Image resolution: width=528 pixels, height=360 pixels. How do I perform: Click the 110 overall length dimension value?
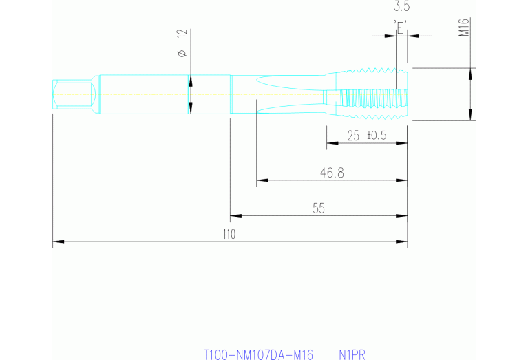tap(229, 234)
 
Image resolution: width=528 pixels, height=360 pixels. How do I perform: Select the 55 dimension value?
tap(318, 208)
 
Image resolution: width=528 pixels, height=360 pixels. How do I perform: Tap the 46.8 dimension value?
tap(332, 173)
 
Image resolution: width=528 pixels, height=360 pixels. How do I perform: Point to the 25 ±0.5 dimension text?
tap(366, 136)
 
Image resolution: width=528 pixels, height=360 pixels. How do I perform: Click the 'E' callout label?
tap(401, 27)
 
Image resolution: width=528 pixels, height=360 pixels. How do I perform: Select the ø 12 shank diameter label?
tap(182, 43)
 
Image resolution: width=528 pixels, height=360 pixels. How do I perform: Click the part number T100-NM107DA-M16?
tap(258, 354)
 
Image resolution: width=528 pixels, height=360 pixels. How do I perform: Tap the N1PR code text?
tap(352, 354)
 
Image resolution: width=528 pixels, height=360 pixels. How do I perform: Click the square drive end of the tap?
tap(72, 94)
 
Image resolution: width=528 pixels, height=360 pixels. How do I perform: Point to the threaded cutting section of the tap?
tap(368, 94)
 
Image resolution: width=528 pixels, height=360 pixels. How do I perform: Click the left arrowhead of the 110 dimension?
tap(58, 242)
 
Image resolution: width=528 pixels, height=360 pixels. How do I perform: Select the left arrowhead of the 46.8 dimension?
tap(261, 182)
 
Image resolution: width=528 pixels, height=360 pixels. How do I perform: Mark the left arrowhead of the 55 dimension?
tap(235, 215)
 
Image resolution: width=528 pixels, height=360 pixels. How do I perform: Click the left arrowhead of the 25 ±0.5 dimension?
tap(331, 143)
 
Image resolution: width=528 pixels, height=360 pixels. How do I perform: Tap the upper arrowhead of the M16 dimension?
tap(470, 72)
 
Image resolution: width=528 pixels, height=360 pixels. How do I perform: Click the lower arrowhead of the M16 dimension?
tap(470, 115)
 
